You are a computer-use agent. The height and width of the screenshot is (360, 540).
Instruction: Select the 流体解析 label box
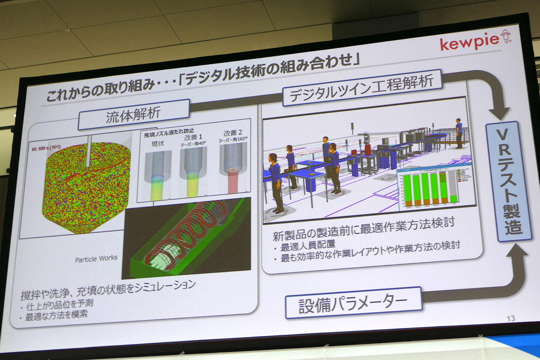point(133,114)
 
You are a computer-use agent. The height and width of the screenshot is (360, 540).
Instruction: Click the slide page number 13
point(510,319)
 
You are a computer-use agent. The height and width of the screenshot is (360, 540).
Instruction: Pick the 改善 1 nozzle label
point(193,137)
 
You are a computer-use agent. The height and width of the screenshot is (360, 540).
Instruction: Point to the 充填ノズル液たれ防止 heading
point(169,133)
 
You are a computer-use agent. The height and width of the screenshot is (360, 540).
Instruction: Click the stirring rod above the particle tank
point(88,151)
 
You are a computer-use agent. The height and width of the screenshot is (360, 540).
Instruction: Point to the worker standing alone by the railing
point(459,133)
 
